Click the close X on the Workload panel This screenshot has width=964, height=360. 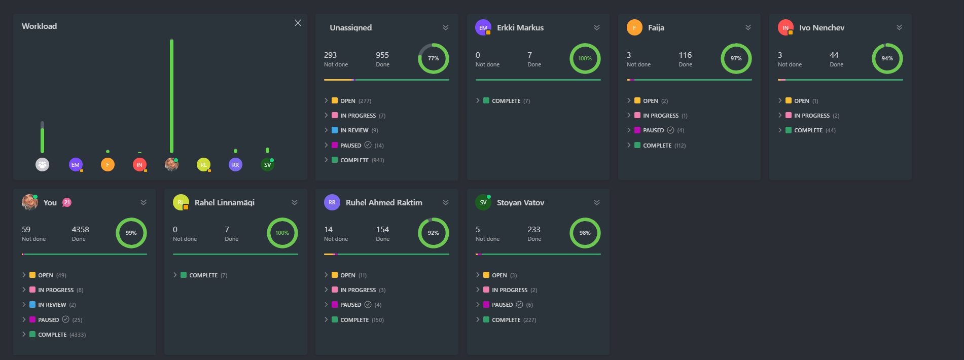coord(298,23)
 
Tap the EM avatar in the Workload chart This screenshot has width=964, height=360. coord(76,164)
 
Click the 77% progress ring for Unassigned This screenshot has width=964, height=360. coord(433,58)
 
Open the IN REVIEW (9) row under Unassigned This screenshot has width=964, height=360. coord(354,130)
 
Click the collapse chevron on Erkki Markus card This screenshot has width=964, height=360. coord(596,27)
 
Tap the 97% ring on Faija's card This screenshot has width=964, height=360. coord(736,58)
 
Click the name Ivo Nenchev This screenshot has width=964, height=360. coord(822,28)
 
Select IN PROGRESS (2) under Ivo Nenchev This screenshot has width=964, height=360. coord(811,116)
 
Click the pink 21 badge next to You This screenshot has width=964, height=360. coord(66,202)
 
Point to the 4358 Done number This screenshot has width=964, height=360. coord(80,230)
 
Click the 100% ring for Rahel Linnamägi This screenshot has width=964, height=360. coord(282,233)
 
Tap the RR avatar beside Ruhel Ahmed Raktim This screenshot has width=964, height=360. coord(332,202)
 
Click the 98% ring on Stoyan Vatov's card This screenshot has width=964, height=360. coord(585,233)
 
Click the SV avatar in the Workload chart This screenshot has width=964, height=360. coord(267,164)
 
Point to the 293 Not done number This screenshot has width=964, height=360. coord(330,55)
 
